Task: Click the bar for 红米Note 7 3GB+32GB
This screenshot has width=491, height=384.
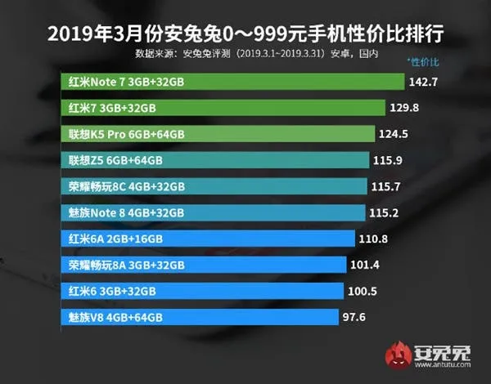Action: tap(232, 82)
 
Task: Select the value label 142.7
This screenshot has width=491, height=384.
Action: tap(423, 82)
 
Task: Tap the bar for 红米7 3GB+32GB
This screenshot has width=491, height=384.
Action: tap(223, 108)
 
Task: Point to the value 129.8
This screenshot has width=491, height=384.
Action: tap(404, 108)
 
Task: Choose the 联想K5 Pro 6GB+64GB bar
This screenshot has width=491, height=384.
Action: tap(218, 134)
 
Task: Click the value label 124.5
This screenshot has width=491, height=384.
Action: tap(394, 134)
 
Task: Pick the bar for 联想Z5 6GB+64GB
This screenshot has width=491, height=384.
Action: tap(215, 160)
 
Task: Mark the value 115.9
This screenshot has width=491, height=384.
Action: tap(388, 160)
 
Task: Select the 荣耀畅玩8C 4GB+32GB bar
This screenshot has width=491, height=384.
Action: tap(214, 186)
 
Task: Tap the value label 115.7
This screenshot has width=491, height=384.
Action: tap(385, 186)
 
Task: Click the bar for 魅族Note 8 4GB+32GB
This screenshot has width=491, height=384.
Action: tap(214, 212)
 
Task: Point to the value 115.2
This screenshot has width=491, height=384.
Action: tap(384, 213)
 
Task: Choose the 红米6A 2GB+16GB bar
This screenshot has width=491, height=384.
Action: tap(208, 239)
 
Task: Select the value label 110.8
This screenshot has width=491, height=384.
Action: tap(373, 239)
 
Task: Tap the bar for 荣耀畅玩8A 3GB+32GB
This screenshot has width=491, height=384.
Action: tap(204, 265)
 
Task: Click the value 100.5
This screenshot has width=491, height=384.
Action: tap(363, 292)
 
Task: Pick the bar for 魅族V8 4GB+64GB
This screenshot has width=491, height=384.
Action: tap(200, 317)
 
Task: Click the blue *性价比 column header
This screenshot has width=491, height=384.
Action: tap(423, 62)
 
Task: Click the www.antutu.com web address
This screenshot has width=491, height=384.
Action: tap(443, 364)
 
